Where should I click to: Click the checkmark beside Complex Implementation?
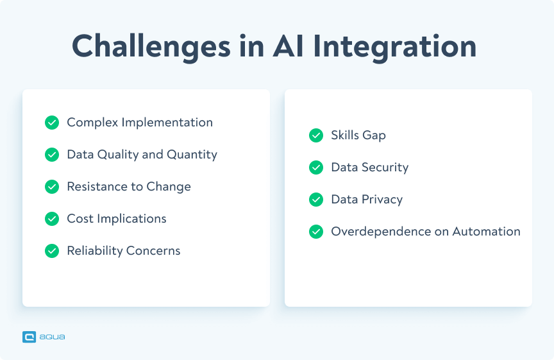click(x=52, y=123)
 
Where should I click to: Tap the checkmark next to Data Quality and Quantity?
click(x=52, y=155)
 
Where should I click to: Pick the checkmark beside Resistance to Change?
click(x=52, y=187)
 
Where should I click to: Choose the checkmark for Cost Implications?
click(x=52, y=219)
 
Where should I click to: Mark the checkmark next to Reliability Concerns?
click(x=52, y=251)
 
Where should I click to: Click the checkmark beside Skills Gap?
click(x=316, y=135)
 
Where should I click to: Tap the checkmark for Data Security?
click(x=316, y=167)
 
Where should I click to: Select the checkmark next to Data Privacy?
click(x=316, y=200)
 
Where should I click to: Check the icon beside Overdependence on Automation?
click(x=316, y=232)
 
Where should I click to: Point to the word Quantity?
click(x=192, y=155)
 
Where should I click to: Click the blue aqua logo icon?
click(x=29, y=337)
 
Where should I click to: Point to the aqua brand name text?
click(x=52, y=337)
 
